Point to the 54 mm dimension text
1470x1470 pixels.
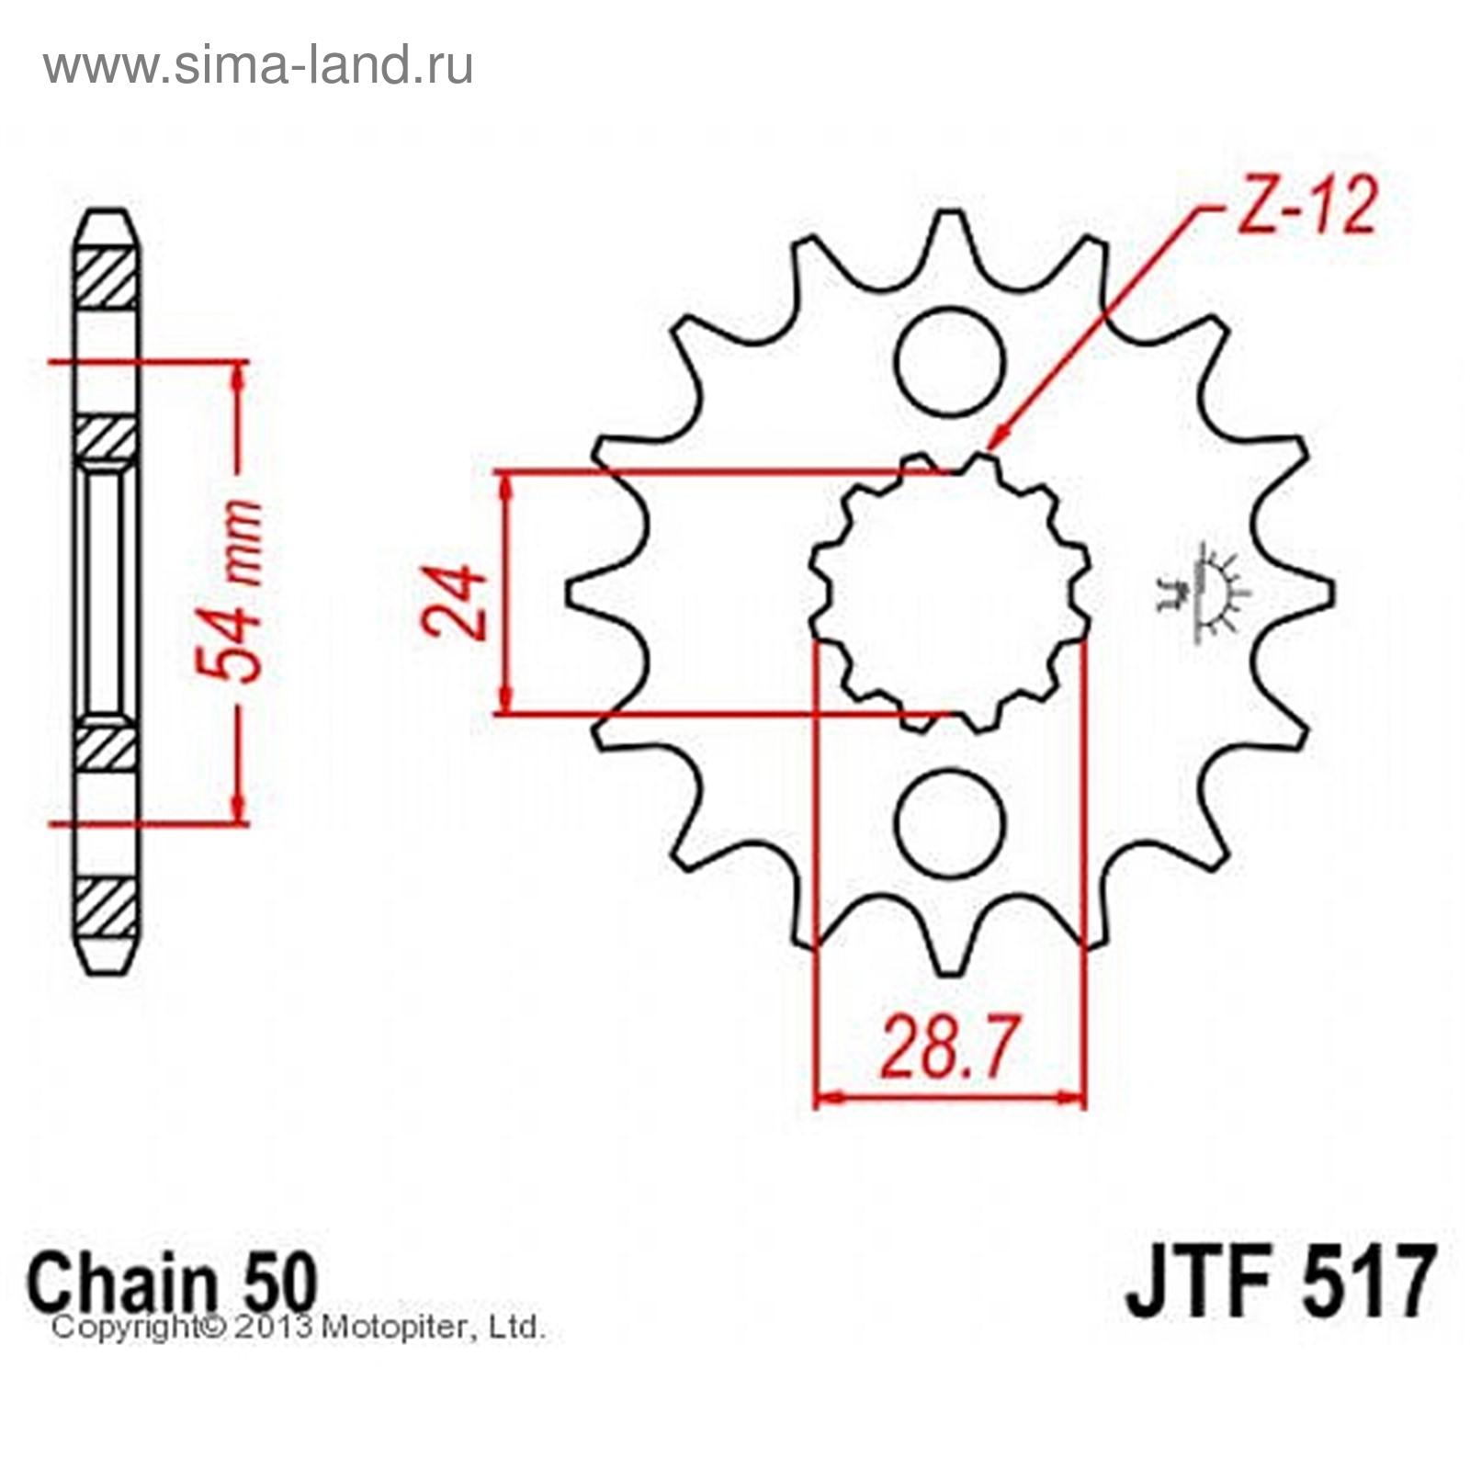coord(230,590)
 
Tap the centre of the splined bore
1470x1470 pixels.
coord(950,593)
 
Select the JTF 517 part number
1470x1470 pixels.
coord(1279,1281)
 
